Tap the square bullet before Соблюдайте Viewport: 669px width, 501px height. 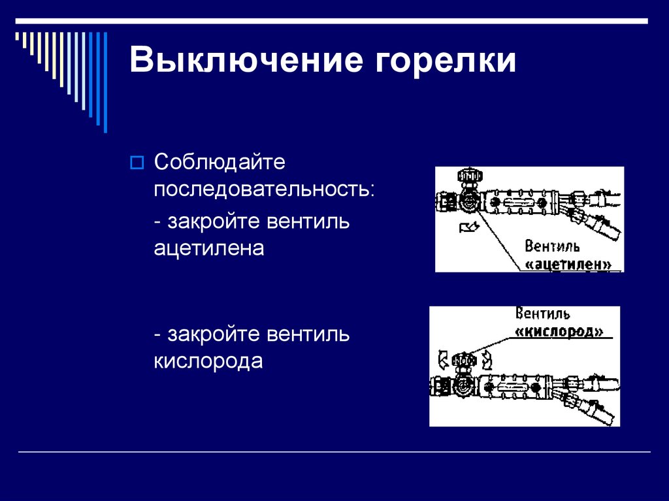pyautogui.click(x=137, y=162)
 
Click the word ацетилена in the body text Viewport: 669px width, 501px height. pyautogui.click(x=209, y=250)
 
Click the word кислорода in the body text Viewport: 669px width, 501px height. pyautogui.click(x=208, y=361)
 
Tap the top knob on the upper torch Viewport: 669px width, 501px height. pyautogui.click(x=469, y=177)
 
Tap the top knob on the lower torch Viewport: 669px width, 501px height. pyautogui.click(x=463, y=360)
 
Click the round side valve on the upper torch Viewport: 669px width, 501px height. pyautogui.click(x=468, y=202)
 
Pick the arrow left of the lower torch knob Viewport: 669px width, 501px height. pyautogui.click(x=443, y=359)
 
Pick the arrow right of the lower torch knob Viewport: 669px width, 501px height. pyautogui.click(x=486, y=359)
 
